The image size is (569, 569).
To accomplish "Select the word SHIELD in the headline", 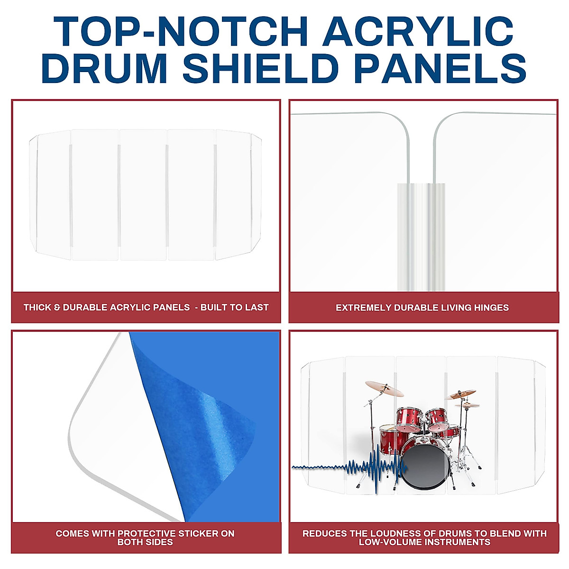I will tap(264, 68).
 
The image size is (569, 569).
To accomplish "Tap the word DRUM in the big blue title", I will tap(104, 68).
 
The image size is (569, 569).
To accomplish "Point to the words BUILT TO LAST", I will tap(234, 307).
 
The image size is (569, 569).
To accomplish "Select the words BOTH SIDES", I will tap(145, 542).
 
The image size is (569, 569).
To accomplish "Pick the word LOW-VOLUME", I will tap(387, 542).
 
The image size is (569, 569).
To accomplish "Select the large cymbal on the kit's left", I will tap(384, 388).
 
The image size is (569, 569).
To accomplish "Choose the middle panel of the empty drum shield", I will tap(143, 194).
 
